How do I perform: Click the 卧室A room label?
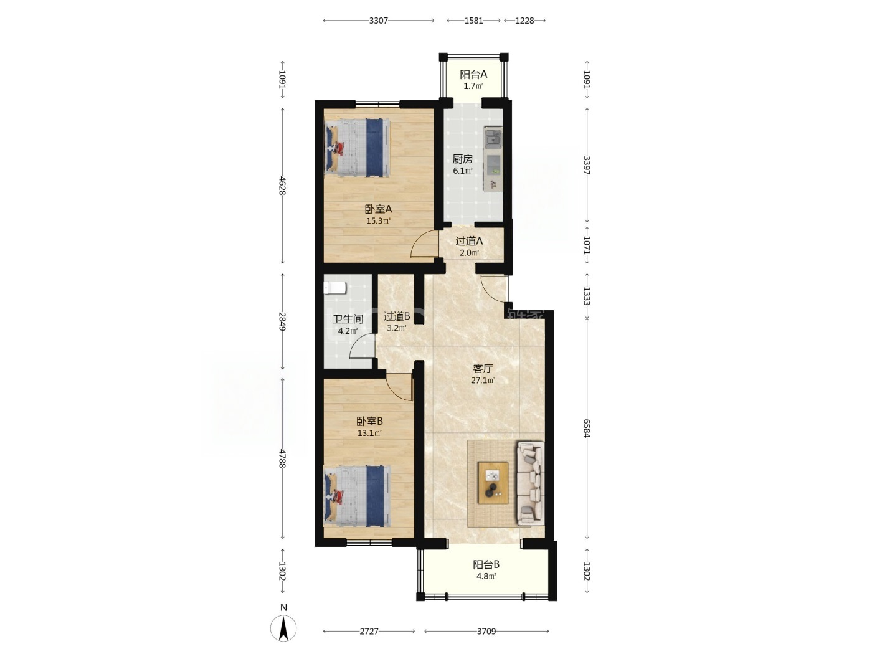pos(378,209)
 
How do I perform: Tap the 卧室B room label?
pos(369,421)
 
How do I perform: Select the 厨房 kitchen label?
pos(462,159)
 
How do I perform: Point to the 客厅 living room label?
pos(483,369)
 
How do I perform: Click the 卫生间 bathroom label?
pos(348,319)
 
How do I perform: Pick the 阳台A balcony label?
pos(473,74)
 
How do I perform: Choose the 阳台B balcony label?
pos(486,564)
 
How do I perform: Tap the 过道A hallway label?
pos(469,241)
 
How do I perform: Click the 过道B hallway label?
pos(397,316)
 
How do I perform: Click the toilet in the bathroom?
pos(335,288)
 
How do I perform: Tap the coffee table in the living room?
pos(493,483)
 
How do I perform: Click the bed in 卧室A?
pos(358,148)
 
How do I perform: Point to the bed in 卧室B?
pos(358,495)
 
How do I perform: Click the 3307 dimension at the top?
pos(378,21)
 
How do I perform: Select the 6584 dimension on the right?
pos(587,428)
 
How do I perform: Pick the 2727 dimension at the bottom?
pos(369,631)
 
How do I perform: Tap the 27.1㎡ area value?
pos(483,381)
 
